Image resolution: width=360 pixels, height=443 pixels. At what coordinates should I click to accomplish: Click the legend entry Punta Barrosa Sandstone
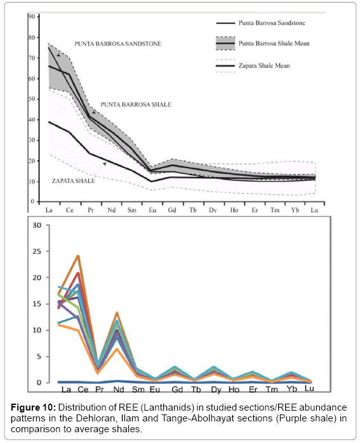pos(272,23)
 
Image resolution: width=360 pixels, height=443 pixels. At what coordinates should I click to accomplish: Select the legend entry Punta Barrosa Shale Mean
pos(274,43)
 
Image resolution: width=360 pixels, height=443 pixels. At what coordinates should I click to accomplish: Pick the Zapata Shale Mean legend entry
pos(264,66)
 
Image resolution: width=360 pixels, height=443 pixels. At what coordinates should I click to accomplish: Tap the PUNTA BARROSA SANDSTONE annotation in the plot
pos(118,44)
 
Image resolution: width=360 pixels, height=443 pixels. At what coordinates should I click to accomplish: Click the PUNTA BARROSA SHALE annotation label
pos(136,105)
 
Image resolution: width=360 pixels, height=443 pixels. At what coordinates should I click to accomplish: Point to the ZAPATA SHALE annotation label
pos(73,181)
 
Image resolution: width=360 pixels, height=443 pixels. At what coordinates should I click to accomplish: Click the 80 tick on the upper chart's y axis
pos(32,37)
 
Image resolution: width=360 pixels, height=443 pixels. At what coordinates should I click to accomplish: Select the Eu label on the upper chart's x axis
pos(152,210)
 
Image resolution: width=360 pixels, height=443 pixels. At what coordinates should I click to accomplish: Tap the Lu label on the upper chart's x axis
pos(314,210)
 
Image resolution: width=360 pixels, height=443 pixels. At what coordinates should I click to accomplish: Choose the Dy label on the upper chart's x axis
pos(213,210)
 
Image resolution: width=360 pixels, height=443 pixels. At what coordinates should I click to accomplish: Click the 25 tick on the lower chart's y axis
pos(37,251)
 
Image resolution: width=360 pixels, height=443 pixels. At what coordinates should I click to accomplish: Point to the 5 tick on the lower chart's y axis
pos(39,357)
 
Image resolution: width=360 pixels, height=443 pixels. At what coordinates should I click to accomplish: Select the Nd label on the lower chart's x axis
pos(119,389)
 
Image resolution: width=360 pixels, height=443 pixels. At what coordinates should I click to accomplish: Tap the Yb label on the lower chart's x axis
pos(291,389)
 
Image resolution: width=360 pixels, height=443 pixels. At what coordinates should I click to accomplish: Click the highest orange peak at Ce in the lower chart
pos(78,256)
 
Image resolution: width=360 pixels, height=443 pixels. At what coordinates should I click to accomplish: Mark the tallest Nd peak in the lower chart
pos(117,312)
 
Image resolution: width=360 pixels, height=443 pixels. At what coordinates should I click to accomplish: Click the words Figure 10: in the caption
pos(34,407)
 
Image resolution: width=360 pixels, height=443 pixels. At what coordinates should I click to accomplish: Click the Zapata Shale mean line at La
pos(49,122)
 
